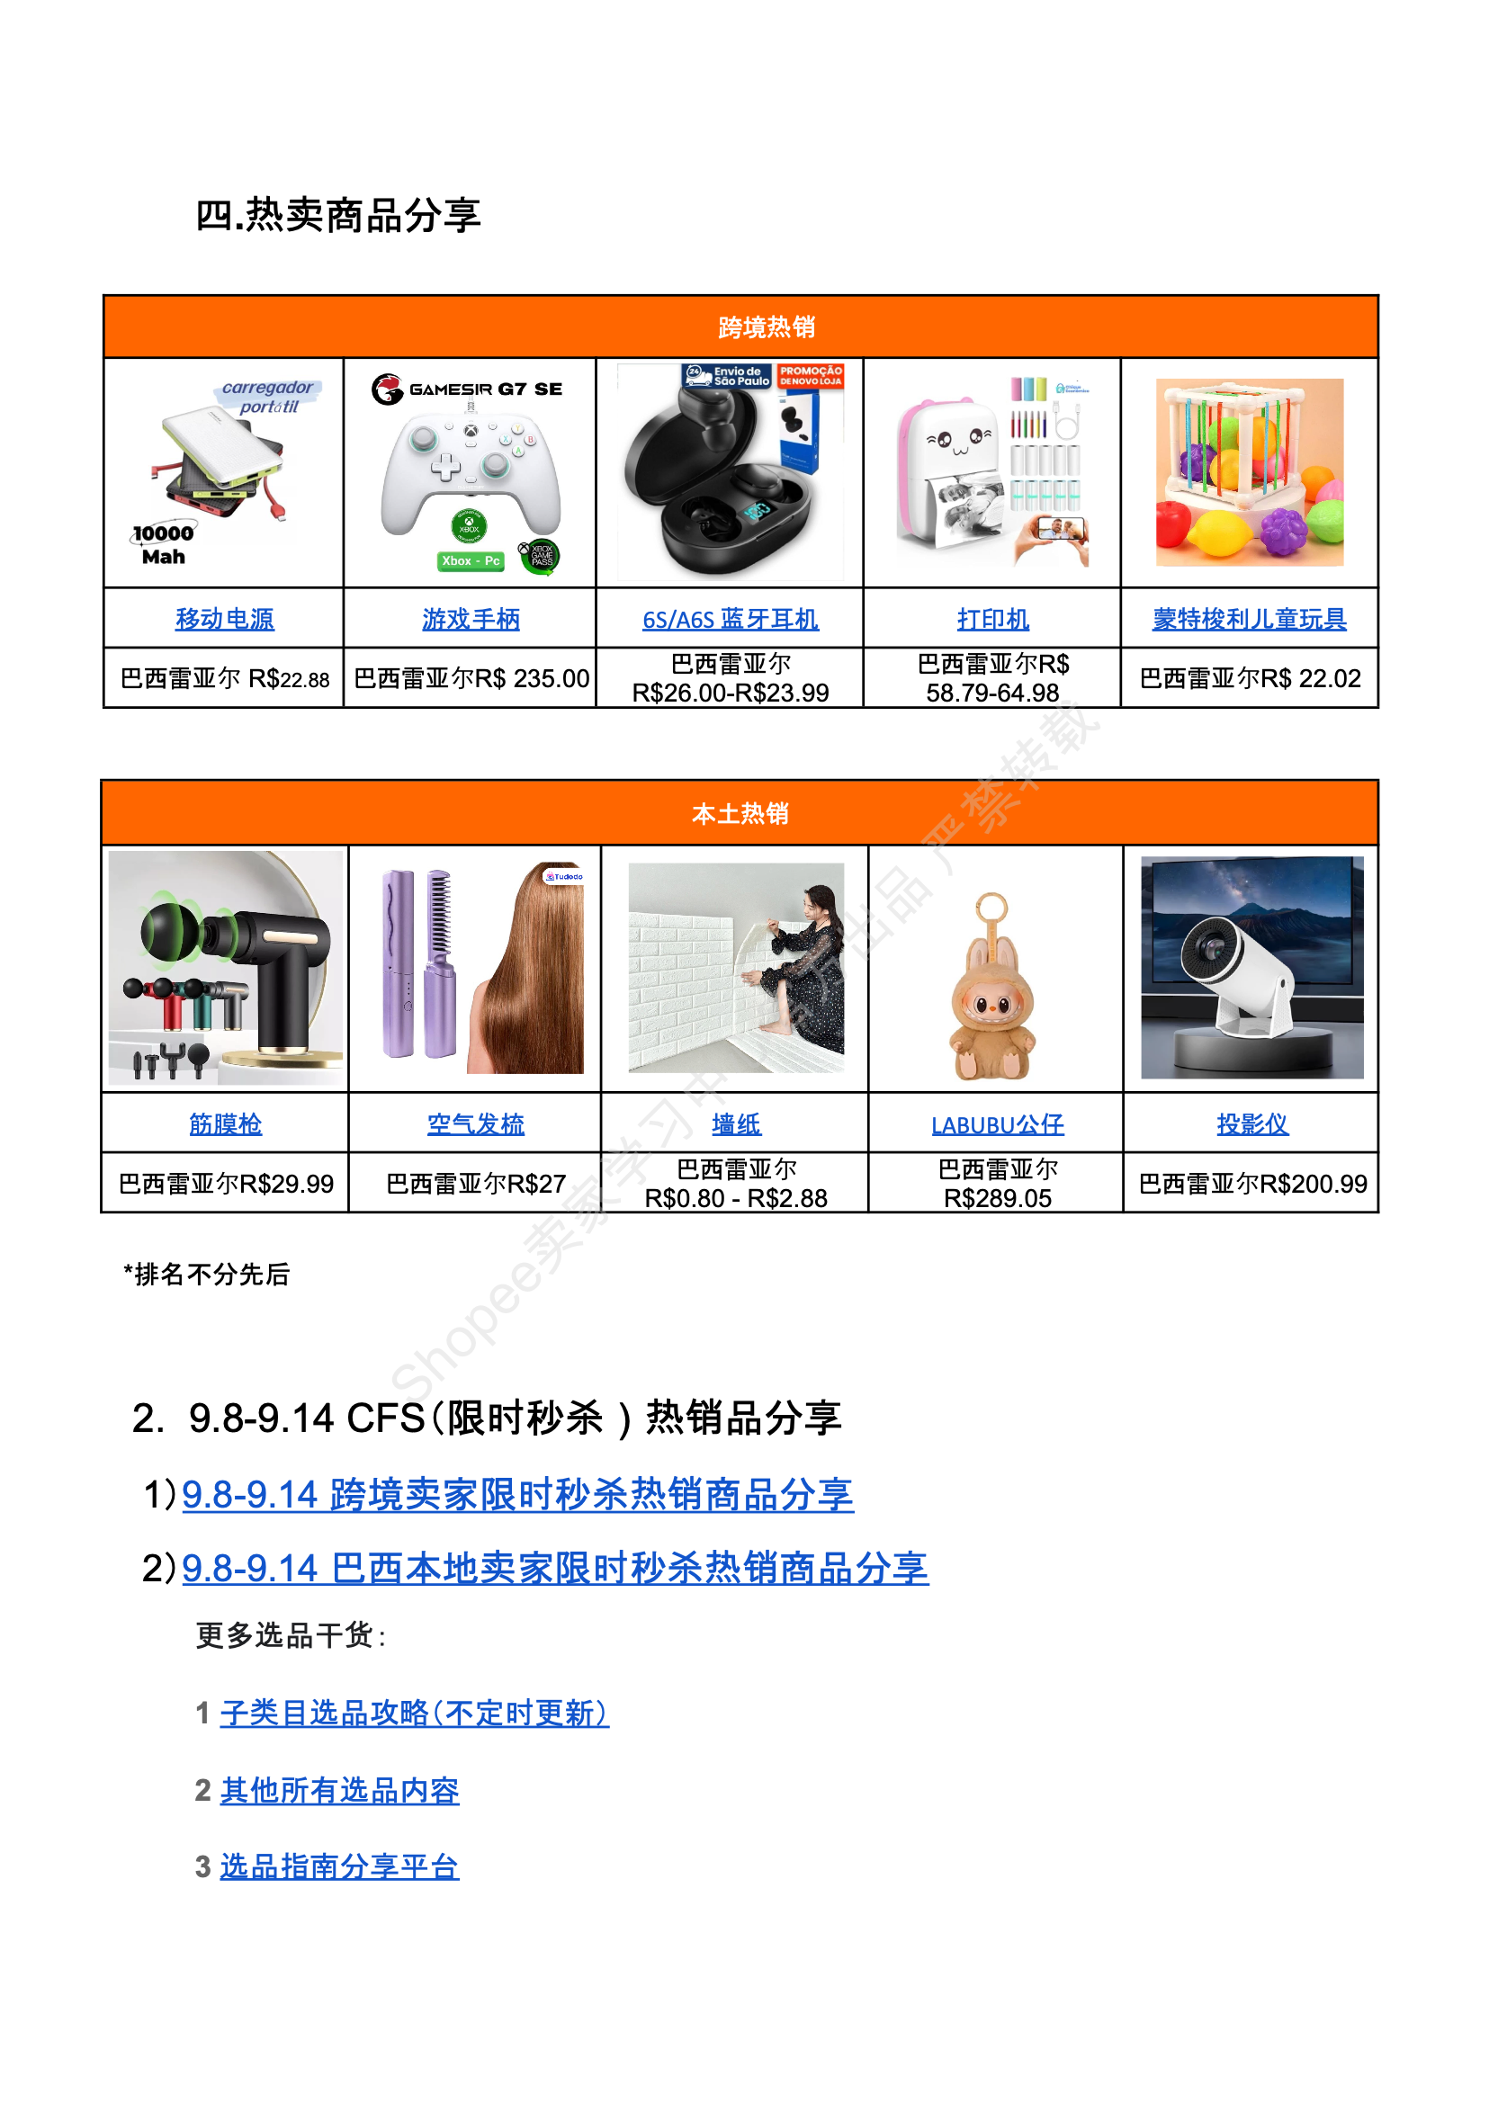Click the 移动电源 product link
click(225, 619)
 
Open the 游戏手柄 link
click(471, 619)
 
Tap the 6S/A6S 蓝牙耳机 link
click(730, 619)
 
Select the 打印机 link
click(992, 619)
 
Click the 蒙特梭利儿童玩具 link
click(1249, 619)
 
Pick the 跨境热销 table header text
click(767, 327)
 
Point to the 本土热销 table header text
click(740, 813)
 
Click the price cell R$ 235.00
click(471, 678)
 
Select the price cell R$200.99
click(1252, 1184)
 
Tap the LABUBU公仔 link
click(998, 1124)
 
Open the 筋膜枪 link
click(226, 1124)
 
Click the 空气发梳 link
click(476, 1124)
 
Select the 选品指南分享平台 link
click(339, 1866)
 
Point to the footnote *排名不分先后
click(207, 1275)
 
